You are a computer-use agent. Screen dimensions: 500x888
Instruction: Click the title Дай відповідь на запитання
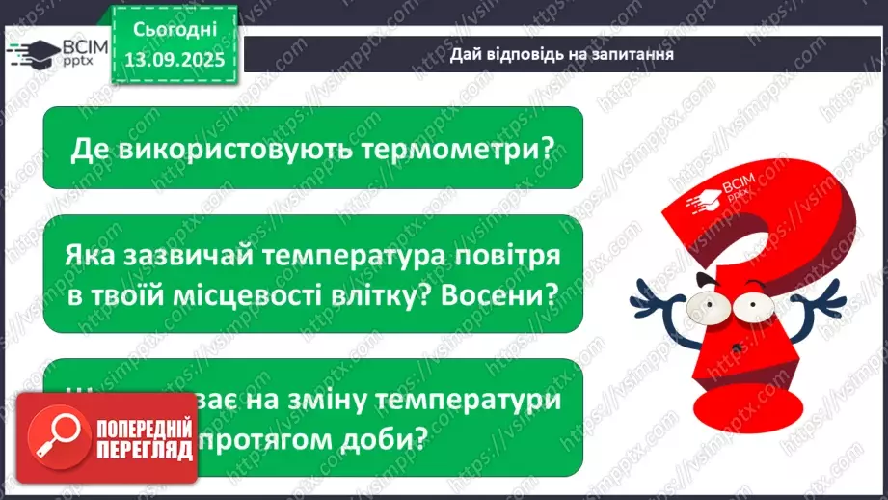click(561, 54)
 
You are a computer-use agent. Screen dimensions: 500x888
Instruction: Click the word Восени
click(510, 294)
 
